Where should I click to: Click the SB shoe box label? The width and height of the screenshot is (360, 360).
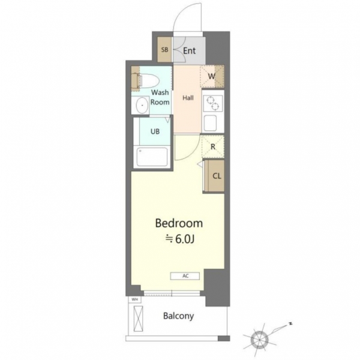pyautogui.click(x=164, y=50)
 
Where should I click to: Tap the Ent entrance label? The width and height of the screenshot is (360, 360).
pyautogui.click(x=190, y=51)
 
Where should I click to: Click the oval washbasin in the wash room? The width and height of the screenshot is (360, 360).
pyautogui.click(x=142, y=106)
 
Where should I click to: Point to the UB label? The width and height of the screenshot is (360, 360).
pyautogui.click(x=155, y=131)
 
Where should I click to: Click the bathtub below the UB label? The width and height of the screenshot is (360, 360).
pyautogui.click(x=152, y=157)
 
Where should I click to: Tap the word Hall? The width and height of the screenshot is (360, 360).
pyautogui.click(x=188, y=98)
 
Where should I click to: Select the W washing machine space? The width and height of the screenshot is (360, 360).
pyautogui.click(x=212, y=76)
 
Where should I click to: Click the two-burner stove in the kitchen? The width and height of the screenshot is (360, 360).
pyautogui.click(x=213, y=104)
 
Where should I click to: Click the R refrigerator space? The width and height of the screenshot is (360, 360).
pyautogui.click(x=213, y=147)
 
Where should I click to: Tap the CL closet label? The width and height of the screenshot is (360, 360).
pyautogui.click(x=217, y=176)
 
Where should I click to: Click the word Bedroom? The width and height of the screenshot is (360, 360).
pyautogui.click(x=179, y=223)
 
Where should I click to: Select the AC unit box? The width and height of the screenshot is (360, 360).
pyautogui.click(x=185, y=276)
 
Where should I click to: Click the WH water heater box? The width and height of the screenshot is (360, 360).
pyautogui.click(x=134, y=299)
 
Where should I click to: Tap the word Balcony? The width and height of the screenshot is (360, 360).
pyautogui.click(x=178, y=316)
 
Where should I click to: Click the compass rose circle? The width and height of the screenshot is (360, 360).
pyautogui.click(x=259, y=340)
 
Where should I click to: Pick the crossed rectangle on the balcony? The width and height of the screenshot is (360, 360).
pyautogui.click(x=138, y=319)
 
